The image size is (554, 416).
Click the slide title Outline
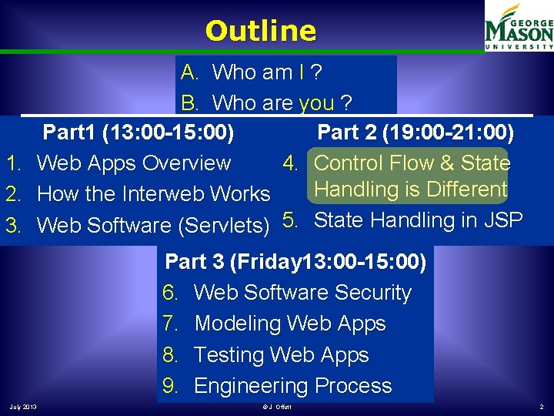261,31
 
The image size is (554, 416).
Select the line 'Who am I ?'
266,72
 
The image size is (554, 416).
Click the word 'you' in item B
316,103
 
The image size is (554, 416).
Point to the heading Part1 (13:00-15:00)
138,133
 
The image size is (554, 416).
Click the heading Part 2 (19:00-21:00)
415,133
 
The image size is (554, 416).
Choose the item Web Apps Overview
133,163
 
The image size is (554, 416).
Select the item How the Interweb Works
153,194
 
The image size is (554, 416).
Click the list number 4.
291,163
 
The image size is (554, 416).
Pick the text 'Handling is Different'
411,190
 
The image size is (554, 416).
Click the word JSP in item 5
502,220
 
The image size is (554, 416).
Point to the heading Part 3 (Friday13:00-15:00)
295,262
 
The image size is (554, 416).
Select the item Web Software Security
302,293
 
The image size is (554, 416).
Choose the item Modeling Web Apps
290,324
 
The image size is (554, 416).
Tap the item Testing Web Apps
282,355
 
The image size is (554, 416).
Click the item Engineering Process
293,386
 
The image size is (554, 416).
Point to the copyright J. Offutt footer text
276,406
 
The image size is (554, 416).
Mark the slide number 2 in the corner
541,406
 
